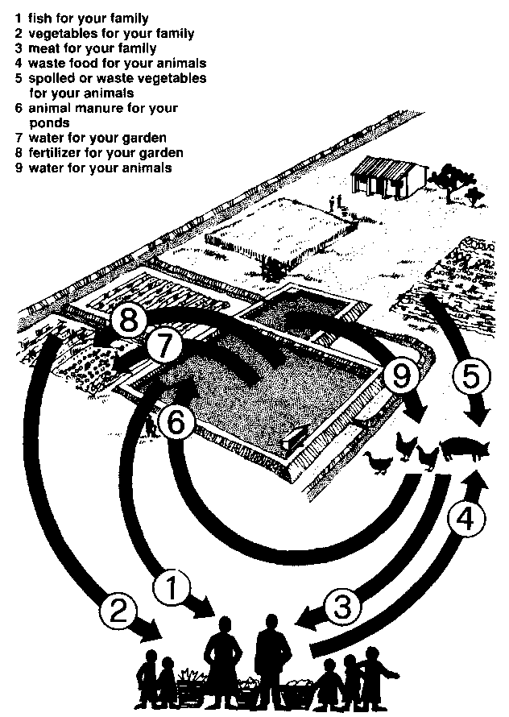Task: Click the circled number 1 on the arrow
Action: (x=171, y=589)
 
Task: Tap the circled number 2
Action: (x=118, y=611)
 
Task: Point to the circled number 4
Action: (x=465, y=522)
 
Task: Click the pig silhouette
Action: (x=464, y=449)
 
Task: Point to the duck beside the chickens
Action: (x=377, y=462)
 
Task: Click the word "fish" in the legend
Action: (x=39, y=19)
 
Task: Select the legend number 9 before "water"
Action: (x=19, y=168)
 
